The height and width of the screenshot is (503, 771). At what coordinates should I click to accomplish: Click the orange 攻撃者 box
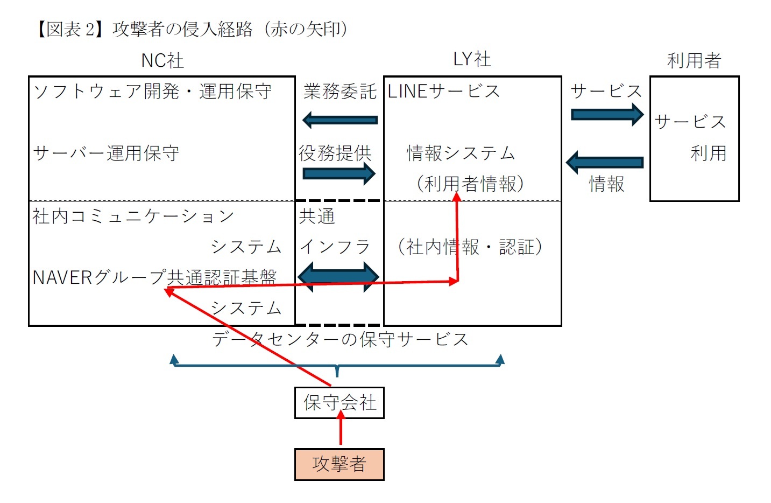[339, 464]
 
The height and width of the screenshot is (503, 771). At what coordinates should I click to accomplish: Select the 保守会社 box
[339, 402]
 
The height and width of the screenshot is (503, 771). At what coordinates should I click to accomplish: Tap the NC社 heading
[162, 60]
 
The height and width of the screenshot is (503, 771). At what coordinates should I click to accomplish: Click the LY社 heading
[472, 59]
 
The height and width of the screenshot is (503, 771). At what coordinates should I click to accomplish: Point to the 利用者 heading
[694, 60]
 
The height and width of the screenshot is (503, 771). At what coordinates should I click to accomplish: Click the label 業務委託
[339, 92]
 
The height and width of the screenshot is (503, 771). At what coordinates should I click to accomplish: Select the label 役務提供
[335, 153]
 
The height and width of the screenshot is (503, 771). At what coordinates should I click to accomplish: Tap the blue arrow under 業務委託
[340, 120]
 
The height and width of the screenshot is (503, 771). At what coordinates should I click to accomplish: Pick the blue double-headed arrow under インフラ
[338, 277]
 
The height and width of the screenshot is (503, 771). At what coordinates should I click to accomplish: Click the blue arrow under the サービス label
[607, 114]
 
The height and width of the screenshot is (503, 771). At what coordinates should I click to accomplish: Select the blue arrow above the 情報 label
[605, 162]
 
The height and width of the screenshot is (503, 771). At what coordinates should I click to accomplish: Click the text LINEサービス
[443, 92]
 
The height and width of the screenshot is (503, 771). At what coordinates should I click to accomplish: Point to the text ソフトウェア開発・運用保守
[152, 92]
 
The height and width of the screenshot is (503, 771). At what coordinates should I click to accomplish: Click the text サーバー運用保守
[106, 153]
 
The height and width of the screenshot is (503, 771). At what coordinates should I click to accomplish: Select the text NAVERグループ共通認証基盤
[154, 277]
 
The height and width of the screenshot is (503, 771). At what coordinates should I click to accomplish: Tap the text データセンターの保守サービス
[340, 339]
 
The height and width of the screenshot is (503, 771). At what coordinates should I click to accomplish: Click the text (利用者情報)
[470, 184]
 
